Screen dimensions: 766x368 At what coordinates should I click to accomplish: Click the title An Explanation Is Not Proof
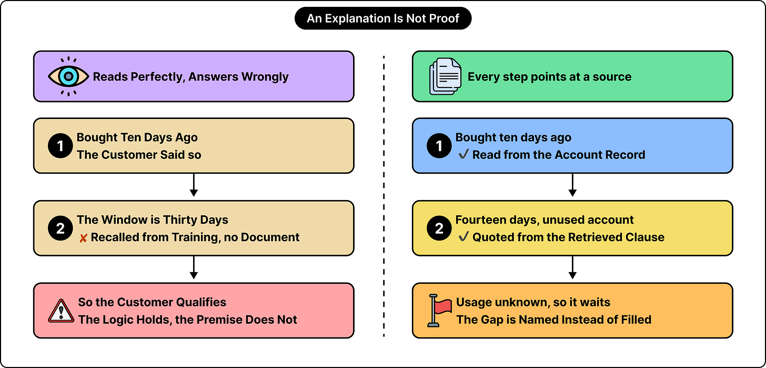tap(383, 18)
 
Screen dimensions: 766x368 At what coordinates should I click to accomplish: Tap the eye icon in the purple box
tap(68, 76)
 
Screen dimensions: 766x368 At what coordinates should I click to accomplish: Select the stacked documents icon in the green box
tap(445, 76)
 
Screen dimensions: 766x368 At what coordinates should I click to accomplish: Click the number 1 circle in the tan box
tap(60, 146)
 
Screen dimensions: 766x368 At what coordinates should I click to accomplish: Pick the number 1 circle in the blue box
tap(439, 146)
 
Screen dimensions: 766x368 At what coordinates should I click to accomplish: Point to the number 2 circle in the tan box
tap(60, 228)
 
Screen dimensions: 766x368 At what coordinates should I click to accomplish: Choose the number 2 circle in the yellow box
tap(439, 228)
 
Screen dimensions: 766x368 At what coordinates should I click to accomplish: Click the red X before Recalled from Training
tap(83, 238)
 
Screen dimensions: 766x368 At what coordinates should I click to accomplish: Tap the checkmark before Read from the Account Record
tap(463, 154)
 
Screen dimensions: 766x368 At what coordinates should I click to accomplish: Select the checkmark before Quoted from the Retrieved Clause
tap(463, 236)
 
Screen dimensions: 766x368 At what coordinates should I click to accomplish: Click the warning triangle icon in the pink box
tap(61, 311)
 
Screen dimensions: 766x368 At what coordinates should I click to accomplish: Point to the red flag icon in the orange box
tap(439, 311)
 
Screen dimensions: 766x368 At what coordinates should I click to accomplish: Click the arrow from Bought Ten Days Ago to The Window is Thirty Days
tap(194, 185)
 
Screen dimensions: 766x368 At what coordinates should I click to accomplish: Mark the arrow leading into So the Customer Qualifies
tap(194, 267)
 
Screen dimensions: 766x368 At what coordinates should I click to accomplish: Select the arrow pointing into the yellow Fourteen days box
tap(573, 185)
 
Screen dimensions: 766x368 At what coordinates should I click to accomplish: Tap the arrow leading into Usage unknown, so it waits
tap(573, 267)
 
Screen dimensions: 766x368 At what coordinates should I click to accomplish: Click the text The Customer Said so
tap(139, 155)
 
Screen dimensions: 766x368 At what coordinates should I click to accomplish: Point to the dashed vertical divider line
tap(384, 196)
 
